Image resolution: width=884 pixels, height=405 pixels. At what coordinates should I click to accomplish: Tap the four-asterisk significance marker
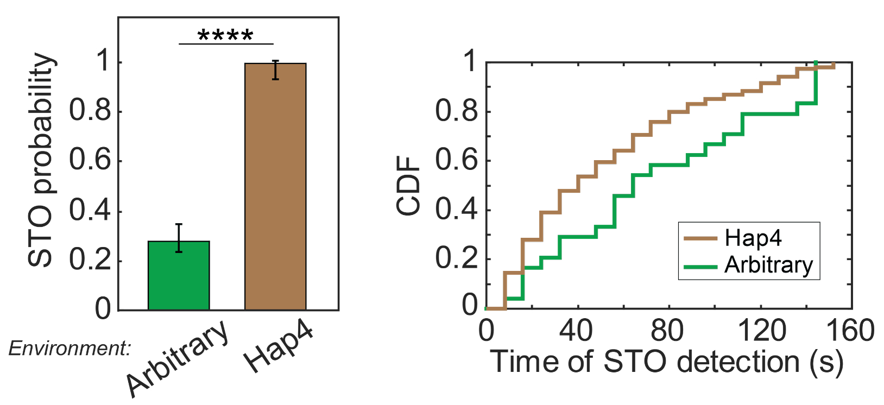coord(225,36)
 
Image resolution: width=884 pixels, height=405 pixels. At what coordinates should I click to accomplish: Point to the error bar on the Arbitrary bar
coord(179,238)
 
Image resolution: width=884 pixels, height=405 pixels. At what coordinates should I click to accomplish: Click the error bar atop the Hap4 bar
coord(276,70)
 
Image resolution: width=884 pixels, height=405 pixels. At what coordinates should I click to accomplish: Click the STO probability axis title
coord(41,160)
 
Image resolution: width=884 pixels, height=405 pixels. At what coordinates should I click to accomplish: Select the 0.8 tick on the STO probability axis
coord(90,111)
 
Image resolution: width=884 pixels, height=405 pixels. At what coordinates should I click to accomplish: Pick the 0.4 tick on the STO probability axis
coord(90,211)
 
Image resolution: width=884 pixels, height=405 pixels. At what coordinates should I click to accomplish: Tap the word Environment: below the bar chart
coord(70,348)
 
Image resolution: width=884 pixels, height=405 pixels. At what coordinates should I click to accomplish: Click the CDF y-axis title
coord(409,186)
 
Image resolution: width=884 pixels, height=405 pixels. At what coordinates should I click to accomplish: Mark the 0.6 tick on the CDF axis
coord(456,161)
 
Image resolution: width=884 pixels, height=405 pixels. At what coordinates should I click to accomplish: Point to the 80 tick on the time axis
coord(668,330)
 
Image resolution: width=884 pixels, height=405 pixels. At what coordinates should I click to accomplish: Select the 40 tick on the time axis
coord(577,330)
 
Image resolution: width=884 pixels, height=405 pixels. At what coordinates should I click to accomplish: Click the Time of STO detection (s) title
coord(667,362)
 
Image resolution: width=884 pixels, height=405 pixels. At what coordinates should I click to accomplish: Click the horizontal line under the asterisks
coord(226,44)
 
